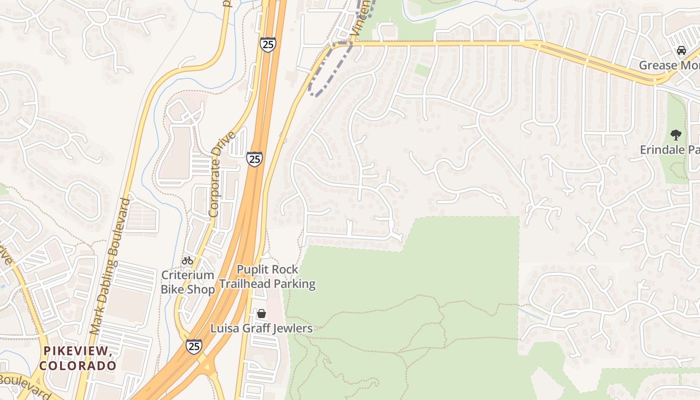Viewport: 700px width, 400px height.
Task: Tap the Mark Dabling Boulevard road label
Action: [110, 266]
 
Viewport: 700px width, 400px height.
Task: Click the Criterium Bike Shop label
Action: [187, 282]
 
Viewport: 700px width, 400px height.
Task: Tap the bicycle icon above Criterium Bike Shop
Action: [187, 260]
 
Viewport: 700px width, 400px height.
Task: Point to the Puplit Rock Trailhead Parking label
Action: [267, 277]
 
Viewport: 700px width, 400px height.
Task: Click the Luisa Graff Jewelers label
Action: [261, 328]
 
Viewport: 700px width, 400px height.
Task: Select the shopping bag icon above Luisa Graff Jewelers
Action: [261, 314]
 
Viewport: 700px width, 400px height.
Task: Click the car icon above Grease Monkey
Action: [680, 50]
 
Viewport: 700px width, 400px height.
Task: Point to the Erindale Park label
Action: [670, 149]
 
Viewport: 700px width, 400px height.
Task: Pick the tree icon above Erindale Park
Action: [675, 134]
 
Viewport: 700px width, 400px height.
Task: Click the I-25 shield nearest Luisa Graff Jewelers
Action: [194, 346]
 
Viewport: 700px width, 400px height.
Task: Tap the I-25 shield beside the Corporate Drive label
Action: [254, 159]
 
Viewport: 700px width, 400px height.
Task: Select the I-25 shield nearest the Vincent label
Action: [267, 44]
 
